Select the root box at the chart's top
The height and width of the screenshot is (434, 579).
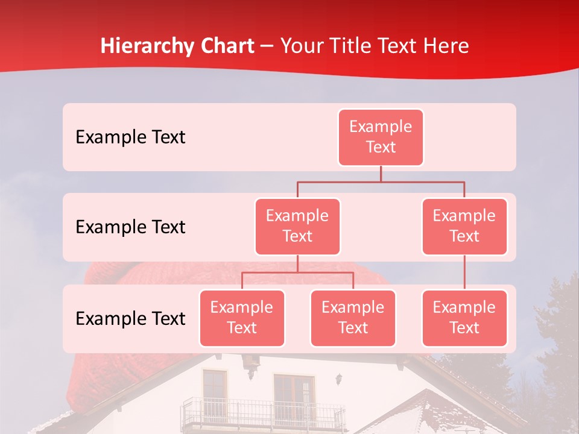point(381,137)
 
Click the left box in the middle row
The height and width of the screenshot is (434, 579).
point(297,226)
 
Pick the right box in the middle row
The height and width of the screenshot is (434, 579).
point(464,226)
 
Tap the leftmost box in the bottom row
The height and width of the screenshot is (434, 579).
point(242,318)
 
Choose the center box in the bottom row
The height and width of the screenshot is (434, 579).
point(353,318)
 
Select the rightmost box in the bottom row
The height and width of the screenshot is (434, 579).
point(464,318)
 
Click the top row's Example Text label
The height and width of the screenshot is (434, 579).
point(130,137)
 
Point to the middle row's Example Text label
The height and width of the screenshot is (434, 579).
point(130,227)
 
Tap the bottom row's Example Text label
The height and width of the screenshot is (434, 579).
point(130,319)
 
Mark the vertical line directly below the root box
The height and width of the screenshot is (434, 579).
point(381,174)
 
